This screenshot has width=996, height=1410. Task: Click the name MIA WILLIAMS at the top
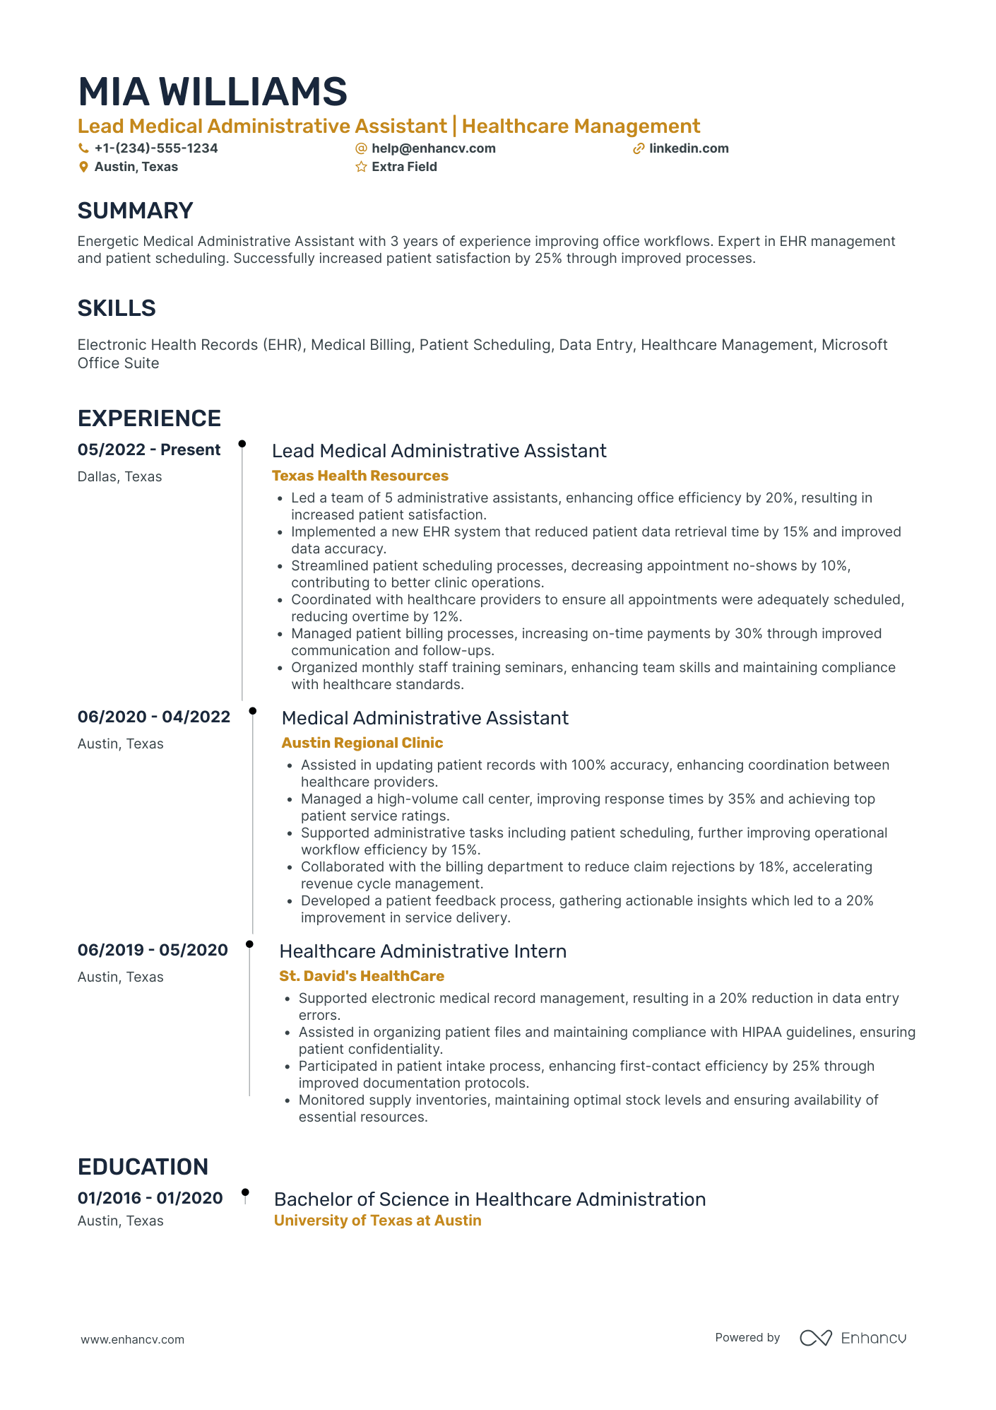point(212,93)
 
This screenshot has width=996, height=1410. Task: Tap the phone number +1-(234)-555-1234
point(155,148)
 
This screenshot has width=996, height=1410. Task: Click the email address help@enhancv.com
point(433,148)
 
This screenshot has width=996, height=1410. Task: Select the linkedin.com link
point(688,148)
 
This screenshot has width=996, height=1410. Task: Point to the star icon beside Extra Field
point(361,167)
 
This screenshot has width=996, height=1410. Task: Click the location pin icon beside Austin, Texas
point(83,167)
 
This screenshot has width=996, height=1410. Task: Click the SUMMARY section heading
point(135,211)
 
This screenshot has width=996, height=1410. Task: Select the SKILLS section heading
point(117,308)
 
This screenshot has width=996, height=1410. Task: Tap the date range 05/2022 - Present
point(149,450)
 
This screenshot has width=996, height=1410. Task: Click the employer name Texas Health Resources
point(360,476)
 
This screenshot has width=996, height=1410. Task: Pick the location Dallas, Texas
point(119,476)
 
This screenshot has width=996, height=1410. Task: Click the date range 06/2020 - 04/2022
point(154,717)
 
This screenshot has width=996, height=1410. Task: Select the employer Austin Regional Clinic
point(362,743)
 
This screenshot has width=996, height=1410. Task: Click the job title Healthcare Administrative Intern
point(422,951)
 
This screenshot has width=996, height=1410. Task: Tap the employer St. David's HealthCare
point(361,976)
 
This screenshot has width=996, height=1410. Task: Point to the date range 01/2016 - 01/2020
point(150,1198)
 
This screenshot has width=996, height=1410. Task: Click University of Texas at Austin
point(377,1221)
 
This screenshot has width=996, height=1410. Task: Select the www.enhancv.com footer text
point(132,1339)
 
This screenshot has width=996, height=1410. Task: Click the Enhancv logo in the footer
point(853,1338)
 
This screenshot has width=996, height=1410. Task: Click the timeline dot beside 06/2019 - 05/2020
point(249,944)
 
